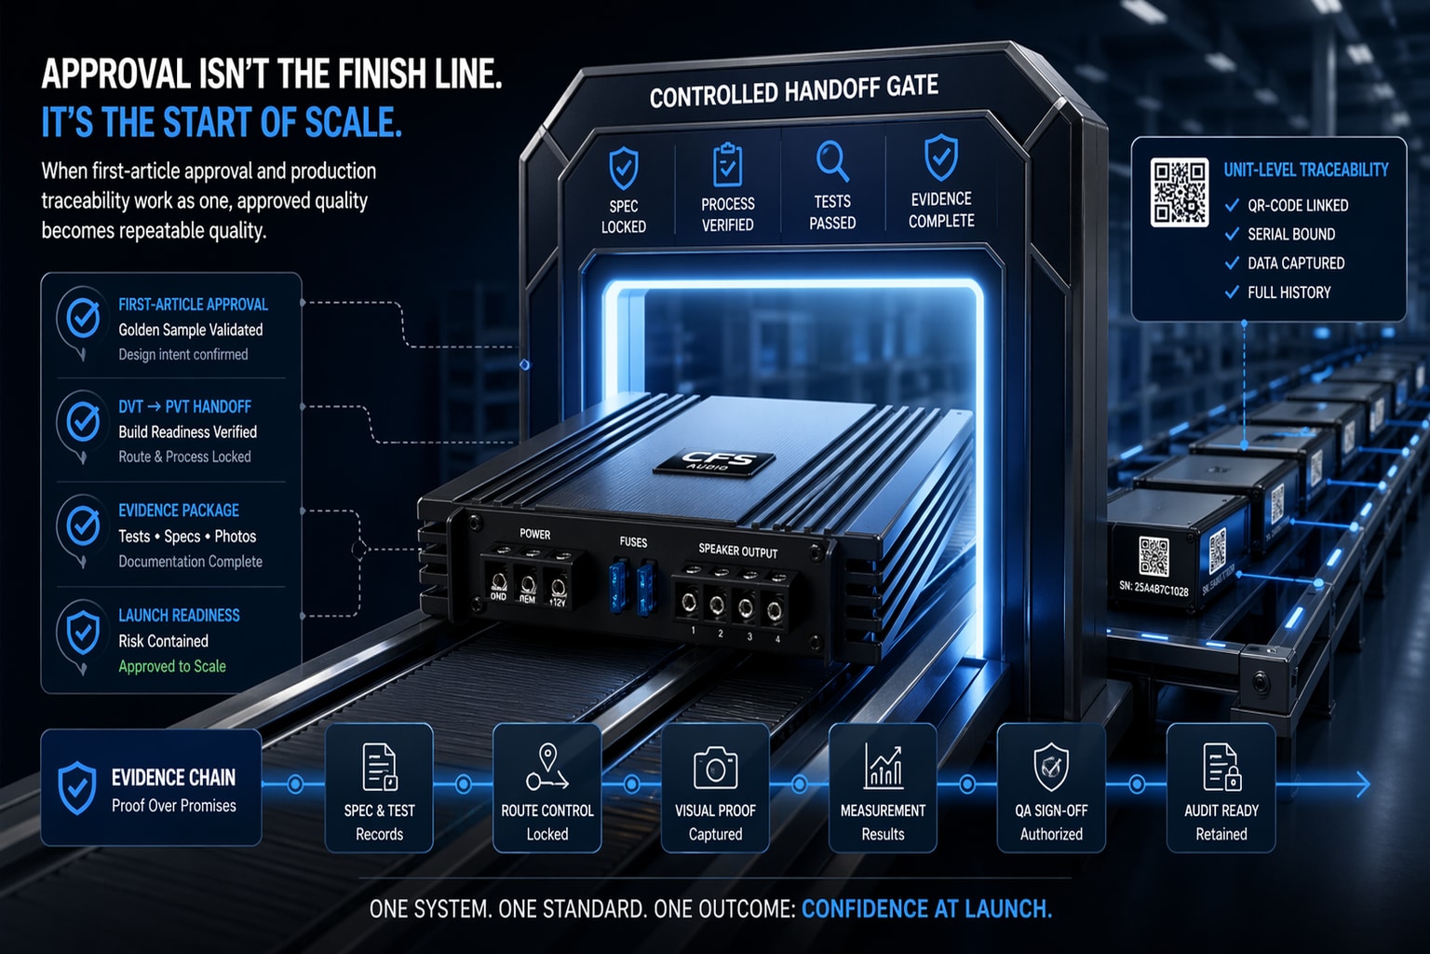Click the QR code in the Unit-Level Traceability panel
pos(1179,193)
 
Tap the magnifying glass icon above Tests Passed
pos(831,161)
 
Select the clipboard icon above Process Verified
pos(727,166)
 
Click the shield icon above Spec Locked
pos(623,170)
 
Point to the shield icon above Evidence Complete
pos(940,157)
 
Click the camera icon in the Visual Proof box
pos(715,769)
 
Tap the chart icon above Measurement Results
pos(883,767)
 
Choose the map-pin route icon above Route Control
pos(546,767)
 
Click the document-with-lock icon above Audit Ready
pos(1221,767)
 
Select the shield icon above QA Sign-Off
pos(1051,767)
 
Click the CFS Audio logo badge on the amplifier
pos(715,461)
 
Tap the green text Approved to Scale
pos(172,666)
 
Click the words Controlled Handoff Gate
pos(793,91)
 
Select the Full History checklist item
pos(1288,293)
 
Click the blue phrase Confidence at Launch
pos(926,909)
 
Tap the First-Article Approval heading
pos(193,305)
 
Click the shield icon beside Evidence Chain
pos(77,787)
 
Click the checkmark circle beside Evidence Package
pos(84,526)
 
